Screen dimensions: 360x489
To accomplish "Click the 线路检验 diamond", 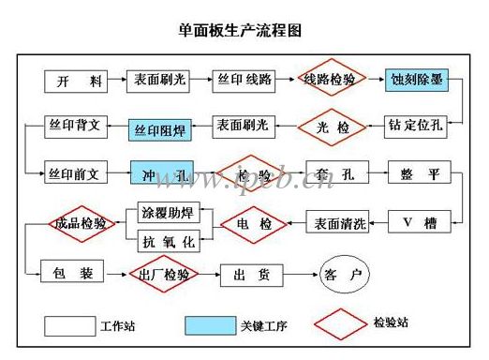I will pyautogui.click(x=330, y=81).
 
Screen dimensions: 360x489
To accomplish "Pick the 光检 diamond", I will pyautogui.click(x=327, y=126).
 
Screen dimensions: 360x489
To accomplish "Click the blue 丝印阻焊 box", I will pyautogui.click(x=162, y=130).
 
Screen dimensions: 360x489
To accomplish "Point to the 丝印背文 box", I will pyautogui.click(x=79, y=126).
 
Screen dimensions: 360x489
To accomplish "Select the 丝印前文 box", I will pyautogui.click(x=79, y=174).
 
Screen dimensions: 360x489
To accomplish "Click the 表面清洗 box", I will pyautogui.click(x=336, y=223).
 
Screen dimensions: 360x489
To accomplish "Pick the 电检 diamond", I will pyautogui.click(x=253, y=224).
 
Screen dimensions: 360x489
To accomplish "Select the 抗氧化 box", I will pyautogui.click(x=169, y=241).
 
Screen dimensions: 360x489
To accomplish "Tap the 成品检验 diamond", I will pyautogui.click(x=81, y=224).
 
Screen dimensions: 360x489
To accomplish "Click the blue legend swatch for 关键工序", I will pyautogui.click(x=209, y=325).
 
